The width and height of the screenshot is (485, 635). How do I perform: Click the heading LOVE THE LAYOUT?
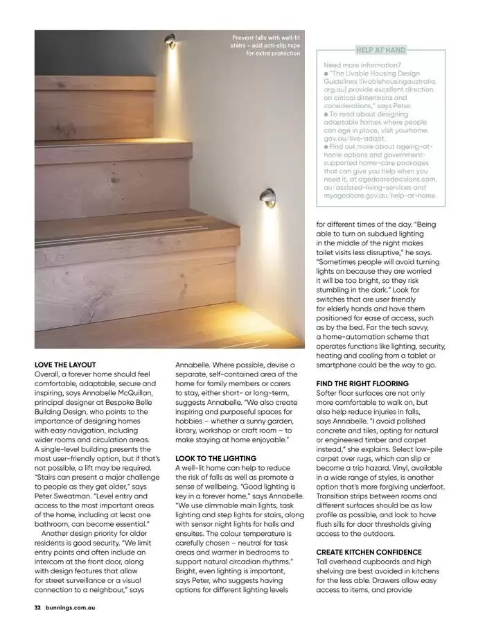tap(65, 364)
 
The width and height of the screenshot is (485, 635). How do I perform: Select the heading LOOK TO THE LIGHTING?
tap(215, 458)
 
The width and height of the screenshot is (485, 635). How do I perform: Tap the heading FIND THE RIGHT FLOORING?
tap(362, 383)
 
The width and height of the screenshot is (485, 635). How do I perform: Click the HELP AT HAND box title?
tap(380, 50)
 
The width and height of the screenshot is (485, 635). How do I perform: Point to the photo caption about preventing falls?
tap(267, 45)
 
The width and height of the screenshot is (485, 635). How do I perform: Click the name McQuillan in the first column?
tap(135, 392)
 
